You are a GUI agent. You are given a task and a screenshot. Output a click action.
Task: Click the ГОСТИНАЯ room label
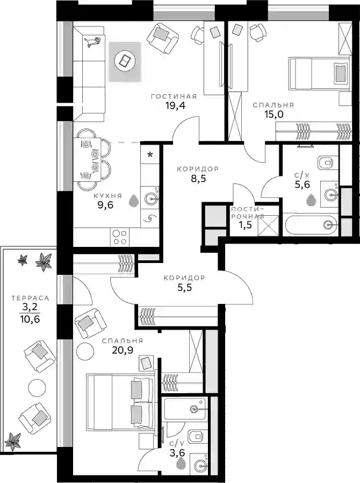pyautogui.click(x=174, y=97)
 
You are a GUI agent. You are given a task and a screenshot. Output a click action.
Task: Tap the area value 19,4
pyautogui.click(x=175, y=106)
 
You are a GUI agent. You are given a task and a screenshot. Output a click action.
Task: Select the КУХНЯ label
pyautogui.click(x=107, y=196)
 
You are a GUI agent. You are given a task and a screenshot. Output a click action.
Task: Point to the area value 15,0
pyautogui.click(x=274, y=115)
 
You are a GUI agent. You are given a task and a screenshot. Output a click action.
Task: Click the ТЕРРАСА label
pyautogui.click(x=31, y=298)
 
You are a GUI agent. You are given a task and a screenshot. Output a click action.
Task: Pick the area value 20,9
pyautogui.click(x=123, y=350)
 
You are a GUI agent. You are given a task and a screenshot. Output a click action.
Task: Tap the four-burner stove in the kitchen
pyautogui.click(x=119, y=237)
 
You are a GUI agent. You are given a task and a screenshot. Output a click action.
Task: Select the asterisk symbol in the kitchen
pyautogui.click(x=150, y=154)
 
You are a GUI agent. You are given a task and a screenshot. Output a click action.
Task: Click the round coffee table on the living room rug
pyautogui.click(x=124, y=60)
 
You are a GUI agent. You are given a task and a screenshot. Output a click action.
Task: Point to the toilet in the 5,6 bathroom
pyautogui.click(x=326, y=161)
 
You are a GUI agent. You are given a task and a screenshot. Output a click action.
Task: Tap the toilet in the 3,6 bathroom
pyautogui.click(x=196, y=435)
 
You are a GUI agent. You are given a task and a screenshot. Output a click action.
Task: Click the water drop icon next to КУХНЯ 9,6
pyautogui.click(x=133, y=200)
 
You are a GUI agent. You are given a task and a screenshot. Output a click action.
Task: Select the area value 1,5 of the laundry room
pyautogui.click(x=245, y=225)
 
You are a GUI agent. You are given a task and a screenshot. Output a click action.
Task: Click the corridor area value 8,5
pyautogui.click(x=198, y=179)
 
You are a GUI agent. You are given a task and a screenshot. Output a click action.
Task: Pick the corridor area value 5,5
pyautogui.click(x=185, y=287)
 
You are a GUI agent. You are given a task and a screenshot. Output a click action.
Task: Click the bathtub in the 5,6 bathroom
pyautogui.click(x=311, y=225)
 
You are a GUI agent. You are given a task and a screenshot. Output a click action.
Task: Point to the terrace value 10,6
pyautogui.click(x=31, y=318)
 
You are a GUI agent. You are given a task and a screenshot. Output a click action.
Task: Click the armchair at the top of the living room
pyautogui.click(x=162, y=37)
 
